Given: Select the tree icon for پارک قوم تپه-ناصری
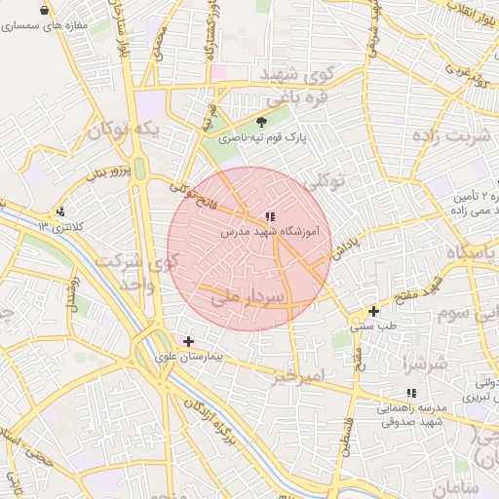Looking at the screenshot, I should click(261, 123).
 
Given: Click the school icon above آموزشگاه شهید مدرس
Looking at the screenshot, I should click(270, 217).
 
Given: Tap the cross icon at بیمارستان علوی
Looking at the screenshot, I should click(188, 341).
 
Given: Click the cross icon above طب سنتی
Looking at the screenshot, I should click(373, 311).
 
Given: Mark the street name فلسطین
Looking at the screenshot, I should click(346, 435).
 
